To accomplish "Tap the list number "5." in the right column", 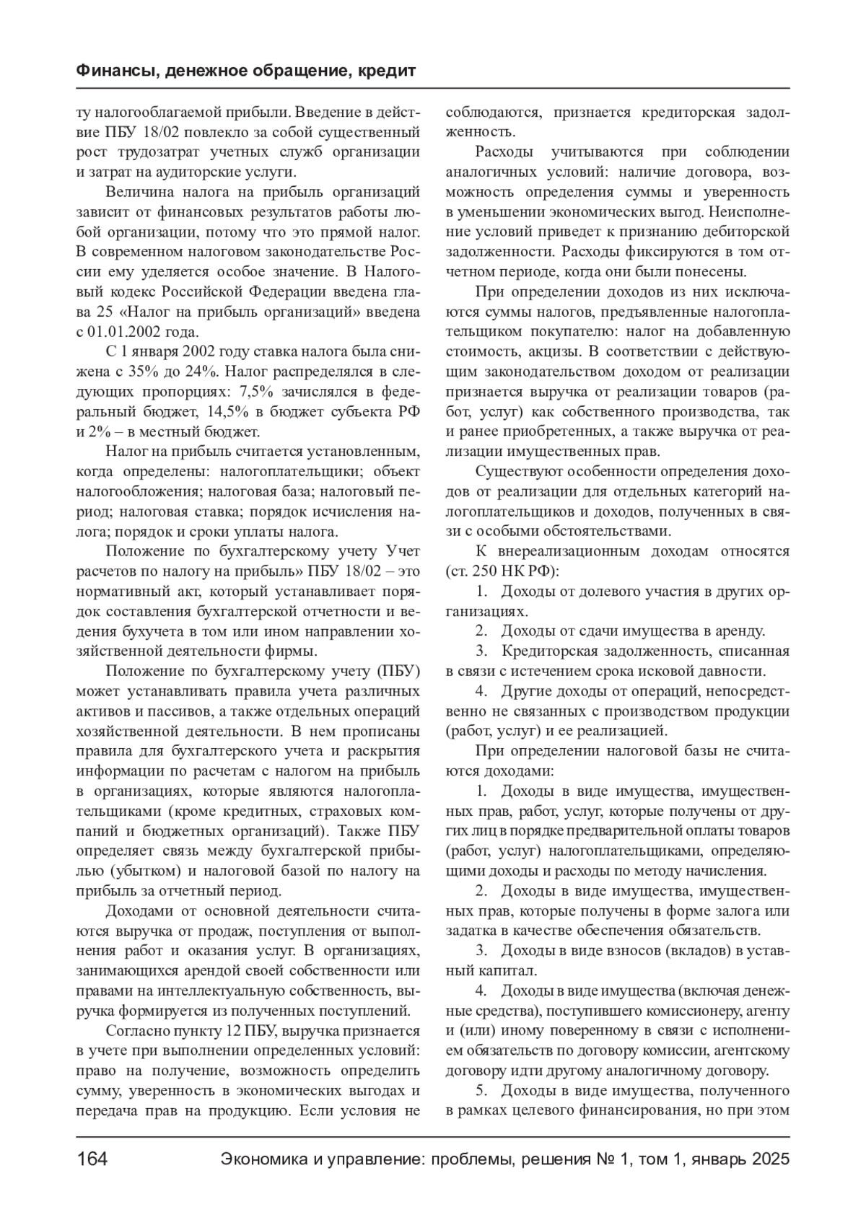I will (x=483, y=1090).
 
